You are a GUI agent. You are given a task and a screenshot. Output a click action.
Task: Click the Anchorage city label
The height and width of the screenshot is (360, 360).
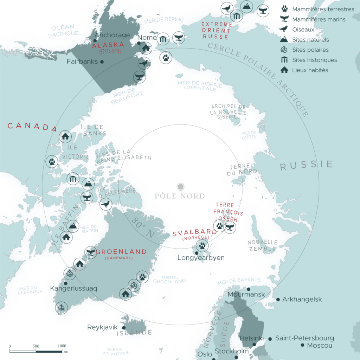tap(112, 35)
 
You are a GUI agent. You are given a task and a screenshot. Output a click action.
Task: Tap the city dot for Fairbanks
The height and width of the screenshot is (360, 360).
tap(102, 62)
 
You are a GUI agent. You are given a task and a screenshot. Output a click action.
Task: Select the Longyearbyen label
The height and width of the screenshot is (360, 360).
tap(201, 258)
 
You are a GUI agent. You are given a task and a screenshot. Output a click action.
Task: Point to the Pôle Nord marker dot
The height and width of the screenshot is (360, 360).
tap(180, 186)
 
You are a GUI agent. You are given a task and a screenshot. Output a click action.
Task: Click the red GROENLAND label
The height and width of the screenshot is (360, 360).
tap(121, 252)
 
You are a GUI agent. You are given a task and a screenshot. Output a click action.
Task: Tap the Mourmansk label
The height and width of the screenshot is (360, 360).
tap(246, 294)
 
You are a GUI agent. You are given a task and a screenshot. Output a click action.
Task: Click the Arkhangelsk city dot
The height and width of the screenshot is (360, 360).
tap(278, 300)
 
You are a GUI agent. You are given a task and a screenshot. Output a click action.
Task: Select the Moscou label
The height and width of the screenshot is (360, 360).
tap(320, 346)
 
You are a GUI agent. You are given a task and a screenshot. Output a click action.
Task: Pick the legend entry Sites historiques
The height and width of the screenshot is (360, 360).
tap(314, 60)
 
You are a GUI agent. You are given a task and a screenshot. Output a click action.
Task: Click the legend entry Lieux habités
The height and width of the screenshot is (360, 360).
tap(310, 70)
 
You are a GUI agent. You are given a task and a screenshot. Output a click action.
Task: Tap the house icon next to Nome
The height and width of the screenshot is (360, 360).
tap(145, 48)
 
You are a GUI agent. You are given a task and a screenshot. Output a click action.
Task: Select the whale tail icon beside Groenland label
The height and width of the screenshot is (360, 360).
tap(91, 251)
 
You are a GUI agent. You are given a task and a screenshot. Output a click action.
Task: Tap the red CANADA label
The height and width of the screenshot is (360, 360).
tap(32, 126)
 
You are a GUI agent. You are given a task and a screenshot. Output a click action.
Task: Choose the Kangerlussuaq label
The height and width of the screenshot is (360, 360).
tap(73, 289)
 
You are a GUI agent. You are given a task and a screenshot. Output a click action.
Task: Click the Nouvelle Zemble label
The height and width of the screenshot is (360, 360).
tap(262, 246)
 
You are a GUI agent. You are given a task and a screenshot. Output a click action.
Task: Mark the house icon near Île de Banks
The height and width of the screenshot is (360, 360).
tap(65, 136)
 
